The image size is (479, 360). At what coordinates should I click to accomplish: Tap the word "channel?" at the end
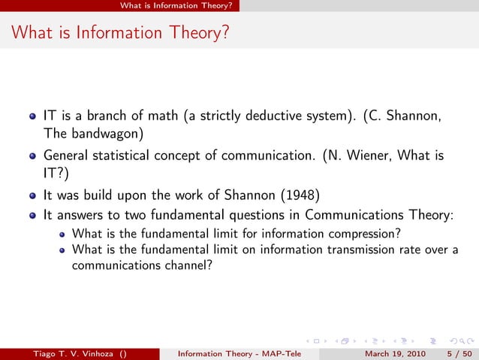coord(180,265)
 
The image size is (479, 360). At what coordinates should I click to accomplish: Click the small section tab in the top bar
coord(180,5)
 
